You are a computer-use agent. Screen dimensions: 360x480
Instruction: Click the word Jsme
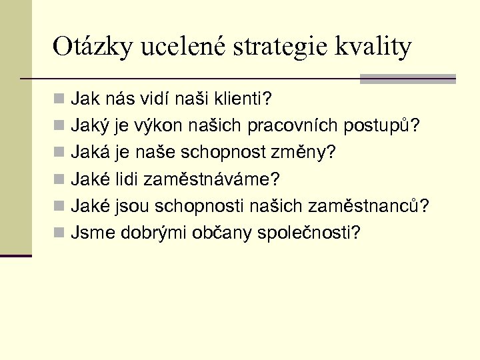point(89,233)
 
